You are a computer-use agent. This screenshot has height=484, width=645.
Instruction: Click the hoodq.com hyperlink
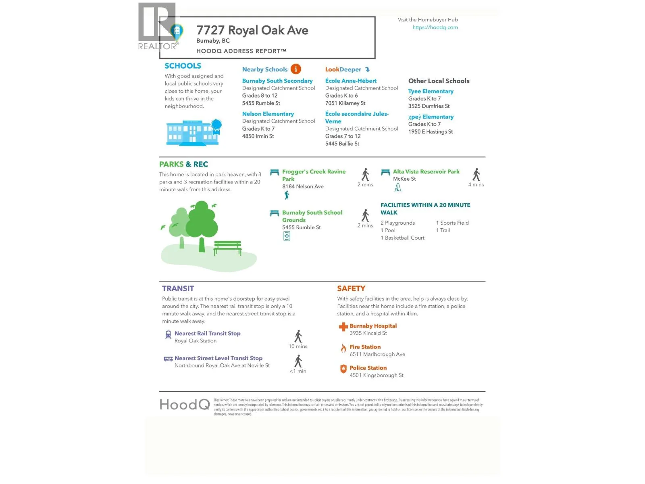coord(435,27)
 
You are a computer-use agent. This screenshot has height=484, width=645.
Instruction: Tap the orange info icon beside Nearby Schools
coord(295,69)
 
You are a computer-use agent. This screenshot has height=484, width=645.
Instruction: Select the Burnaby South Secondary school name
coord(277,81)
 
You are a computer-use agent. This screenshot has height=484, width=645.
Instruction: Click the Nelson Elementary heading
coord(268,114)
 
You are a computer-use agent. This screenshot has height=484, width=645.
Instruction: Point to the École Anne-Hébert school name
coord(351,81)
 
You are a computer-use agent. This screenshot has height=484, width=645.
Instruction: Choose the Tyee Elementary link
coord(431,91)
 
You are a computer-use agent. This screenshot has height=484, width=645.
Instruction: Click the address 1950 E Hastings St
coord(430,131)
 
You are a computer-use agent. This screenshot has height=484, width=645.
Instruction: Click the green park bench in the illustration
coord(227,247)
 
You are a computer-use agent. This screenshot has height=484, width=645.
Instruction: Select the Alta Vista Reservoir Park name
coord(426,171)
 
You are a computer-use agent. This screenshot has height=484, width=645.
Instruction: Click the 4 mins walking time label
coord(476,185)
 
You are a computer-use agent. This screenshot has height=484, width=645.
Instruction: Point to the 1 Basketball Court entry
coord(402,238)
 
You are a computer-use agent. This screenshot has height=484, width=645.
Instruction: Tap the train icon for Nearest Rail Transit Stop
coord(168,334)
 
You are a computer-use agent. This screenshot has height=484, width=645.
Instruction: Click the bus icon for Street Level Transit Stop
coord(168,359)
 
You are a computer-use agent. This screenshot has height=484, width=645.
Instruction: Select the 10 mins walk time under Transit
coord(298,346)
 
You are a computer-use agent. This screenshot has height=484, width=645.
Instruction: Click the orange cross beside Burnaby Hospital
coord(343,327)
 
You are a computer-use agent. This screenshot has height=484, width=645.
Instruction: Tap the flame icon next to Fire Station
coord(343,348)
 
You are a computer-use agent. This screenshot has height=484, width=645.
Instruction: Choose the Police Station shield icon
coord(343,369)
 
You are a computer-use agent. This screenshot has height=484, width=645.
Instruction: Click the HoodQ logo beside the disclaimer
coord(185,404)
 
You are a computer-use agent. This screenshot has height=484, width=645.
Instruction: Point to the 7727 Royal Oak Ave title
coord(252,30)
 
